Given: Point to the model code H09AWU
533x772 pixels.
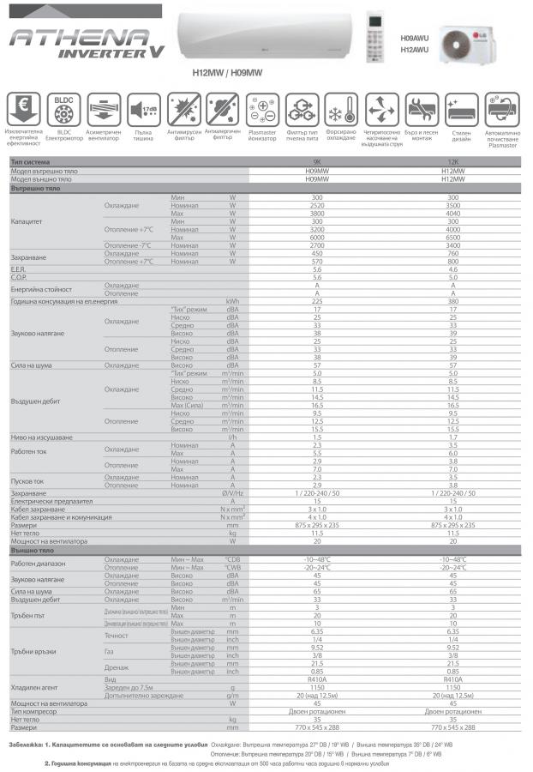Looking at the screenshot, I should pos(416,39).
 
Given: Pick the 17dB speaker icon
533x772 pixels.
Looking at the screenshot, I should pos(142,111).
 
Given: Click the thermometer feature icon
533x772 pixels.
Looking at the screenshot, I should pos(341,111).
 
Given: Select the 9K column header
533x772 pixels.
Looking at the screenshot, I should pos(317,162).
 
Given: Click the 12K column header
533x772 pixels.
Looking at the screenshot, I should pos(453,162).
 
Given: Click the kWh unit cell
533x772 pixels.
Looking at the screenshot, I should pos(232,301).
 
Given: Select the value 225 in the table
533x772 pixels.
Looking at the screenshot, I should pos(317,301).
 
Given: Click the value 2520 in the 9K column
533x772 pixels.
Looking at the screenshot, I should pos(317,206).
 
